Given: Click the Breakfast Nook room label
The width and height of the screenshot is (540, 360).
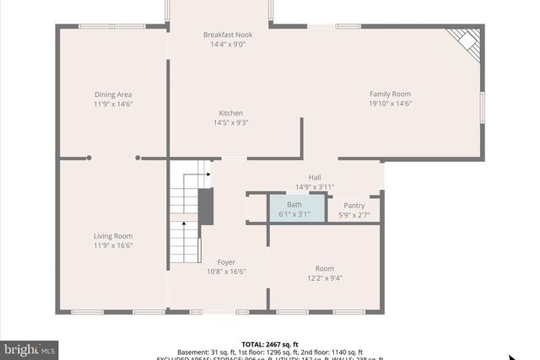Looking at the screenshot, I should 228,35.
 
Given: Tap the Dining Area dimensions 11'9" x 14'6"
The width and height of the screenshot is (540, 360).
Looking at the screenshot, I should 113,104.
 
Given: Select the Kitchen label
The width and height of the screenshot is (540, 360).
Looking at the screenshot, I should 231,113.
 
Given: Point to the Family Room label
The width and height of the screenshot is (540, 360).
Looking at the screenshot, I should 390,94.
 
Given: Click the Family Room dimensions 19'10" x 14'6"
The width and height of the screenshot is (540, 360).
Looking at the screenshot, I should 390,104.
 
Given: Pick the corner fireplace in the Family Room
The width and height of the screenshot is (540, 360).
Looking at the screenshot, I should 465,43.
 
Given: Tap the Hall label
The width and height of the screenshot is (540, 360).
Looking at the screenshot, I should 315,177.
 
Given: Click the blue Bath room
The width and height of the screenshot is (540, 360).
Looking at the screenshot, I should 295,208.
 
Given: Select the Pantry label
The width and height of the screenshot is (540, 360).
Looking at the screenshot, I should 354,205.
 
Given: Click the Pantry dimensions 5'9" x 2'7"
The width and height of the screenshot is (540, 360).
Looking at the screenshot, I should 354,214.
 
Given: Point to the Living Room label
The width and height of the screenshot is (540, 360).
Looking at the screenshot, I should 113,236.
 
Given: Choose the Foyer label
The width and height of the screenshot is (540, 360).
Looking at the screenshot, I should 226,262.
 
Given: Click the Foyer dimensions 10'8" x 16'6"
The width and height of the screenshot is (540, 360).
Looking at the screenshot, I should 226,272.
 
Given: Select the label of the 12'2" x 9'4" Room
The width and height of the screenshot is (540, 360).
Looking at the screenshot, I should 325,268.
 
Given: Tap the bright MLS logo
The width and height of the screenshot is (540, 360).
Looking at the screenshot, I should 30,348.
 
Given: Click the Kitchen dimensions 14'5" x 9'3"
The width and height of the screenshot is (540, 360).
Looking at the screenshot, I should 231,123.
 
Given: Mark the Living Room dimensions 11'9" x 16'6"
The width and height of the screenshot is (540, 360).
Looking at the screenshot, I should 113,245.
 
